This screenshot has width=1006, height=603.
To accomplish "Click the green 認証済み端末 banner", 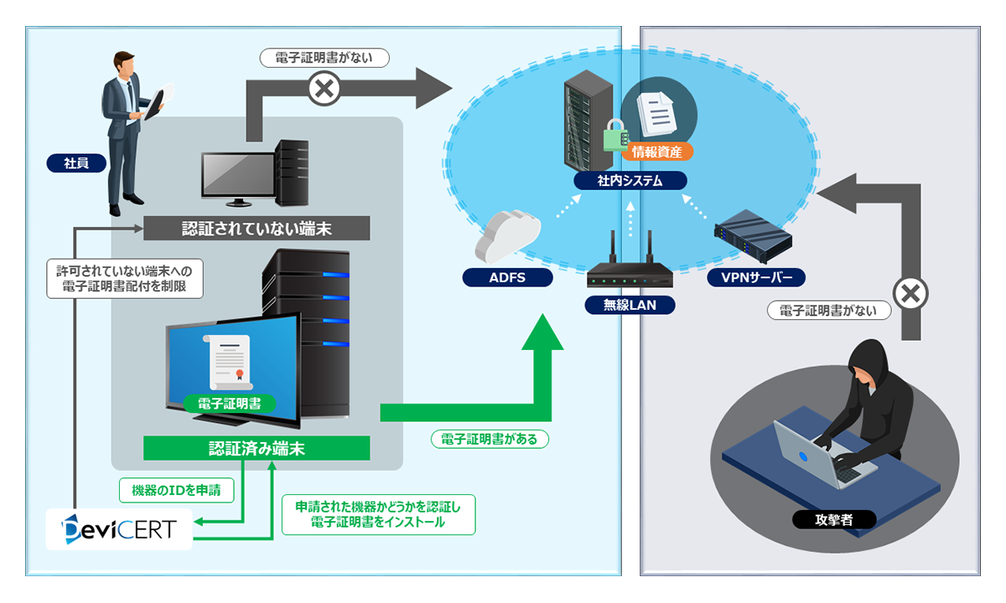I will (257, 448).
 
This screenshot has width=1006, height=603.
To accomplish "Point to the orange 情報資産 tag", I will (657, 152).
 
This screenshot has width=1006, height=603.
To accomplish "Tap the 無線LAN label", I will (630, 305).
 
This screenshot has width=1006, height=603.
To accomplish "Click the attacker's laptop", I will (810, 452).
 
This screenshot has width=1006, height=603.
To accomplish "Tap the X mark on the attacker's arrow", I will (910, 294).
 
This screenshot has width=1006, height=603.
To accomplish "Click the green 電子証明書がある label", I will (489, 439).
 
